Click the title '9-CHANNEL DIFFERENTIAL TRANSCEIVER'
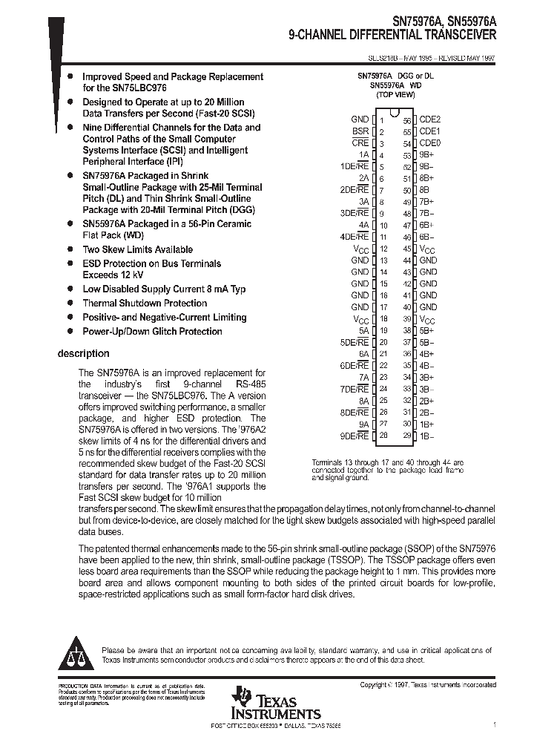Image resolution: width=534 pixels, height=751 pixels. point(393,35)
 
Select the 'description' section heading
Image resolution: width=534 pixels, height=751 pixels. point(83,353)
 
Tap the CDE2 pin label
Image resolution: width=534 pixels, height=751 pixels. point(430,119)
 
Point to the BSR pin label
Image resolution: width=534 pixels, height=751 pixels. point(360,131)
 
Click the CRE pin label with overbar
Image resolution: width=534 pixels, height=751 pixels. point(360,143)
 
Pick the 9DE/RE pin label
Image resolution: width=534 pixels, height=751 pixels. point(354,436)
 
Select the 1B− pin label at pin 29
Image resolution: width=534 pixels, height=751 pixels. point(428,436)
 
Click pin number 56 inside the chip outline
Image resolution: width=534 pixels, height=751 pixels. point(407,120)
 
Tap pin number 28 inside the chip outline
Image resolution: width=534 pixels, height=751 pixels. point(383,436)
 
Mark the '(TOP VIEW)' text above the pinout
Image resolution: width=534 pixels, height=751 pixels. point(395,95)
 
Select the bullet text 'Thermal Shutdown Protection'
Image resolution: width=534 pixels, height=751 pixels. point(145,303)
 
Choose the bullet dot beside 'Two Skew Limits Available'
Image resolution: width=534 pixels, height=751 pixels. point(70,249)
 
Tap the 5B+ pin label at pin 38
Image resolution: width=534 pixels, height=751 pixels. point(428,330)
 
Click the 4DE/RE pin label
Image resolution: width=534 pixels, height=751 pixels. point(354,237)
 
